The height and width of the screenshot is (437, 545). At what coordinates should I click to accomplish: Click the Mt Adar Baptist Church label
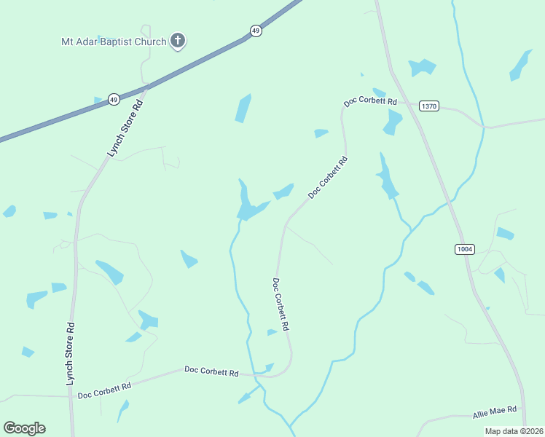[114, 42]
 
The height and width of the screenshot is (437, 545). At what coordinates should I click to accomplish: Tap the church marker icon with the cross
[177, 41]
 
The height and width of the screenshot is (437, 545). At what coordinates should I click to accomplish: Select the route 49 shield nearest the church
[255, 31]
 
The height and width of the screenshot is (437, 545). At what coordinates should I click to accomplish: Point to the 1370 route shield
[429, 106]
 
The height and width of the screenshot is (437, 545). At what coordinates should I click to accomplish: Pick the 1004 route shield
[464, 249]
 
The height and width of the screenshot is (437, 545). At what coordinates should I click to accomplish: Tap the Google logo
[24, 428]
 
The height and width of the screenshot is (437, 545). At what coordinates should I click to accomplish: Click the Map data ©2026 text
[514, 431]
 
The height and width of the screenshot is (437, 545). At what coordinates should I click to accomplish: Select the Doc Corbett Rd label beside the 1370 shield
[370, 102]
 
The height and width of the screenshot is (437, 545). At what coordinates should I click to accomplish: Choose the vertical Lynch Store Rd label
[71, 354]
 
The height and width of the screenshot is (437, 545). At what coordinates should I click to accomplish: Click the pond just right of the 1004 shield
[505, 234]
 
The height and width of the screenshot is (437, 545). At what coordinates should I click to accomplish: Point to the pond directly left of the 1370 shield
[393, 122]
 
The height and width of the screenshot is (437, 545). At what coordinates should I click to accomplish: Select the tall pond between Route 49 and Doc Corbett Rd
[243, 109]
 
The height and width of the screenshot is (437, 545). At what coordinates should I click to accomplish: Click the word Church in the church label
[150, 42]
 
